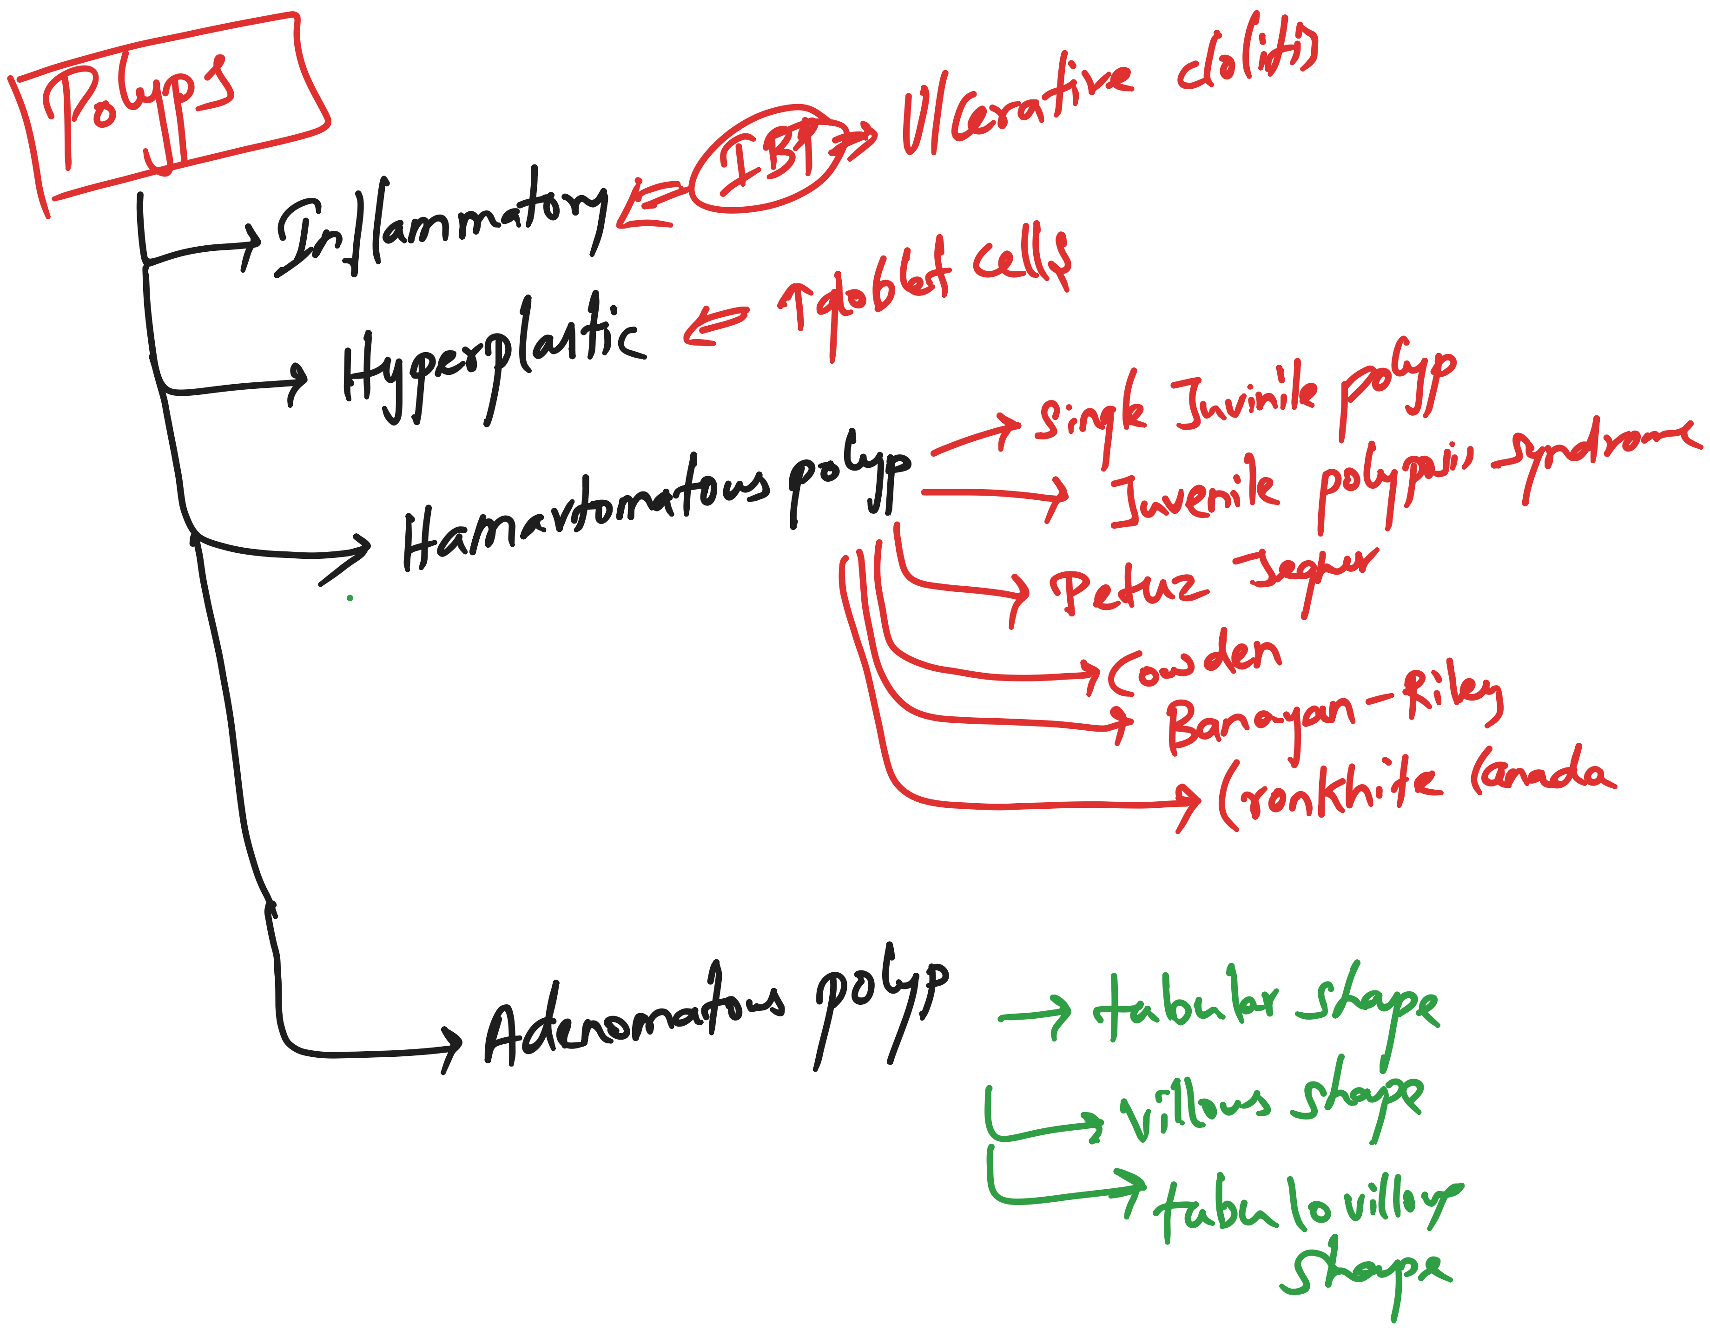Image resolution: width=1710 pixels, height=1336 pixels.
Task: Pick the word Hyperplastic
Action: (493, 356)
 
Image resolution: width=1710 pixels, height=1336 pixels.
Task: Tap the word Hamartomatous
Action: (587, 509)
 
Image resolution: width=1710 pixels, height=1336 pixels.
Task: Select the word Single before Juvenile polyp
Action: (1092, 415)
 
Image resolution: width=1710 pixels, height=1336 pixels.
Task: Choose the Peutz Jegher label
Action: (1214, 583)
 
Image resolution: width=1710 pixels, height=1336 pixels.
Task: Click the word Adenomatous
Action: (634, 1017)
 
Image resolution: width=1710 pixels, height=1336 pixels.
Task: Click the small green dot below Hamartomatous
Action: (350, 598)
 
